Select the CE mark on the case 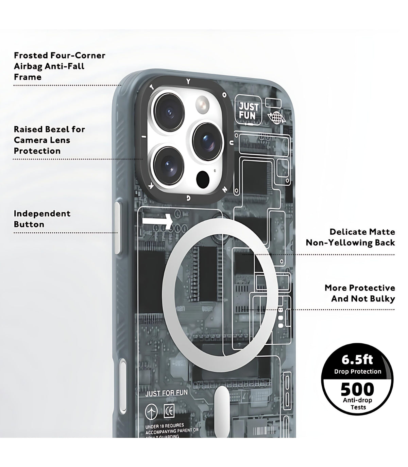pos(169,411)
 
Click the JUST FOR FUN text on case pos(166,393)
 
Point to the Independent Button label pos(42,219)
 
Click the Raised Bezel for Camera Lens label pos(49,140)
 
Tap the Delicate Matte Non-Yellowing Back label pos(350,237)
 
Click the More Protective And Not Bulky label pos(360,293)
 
